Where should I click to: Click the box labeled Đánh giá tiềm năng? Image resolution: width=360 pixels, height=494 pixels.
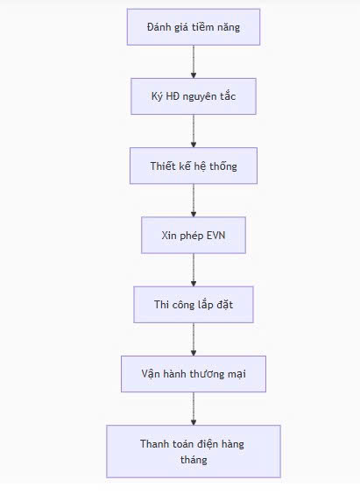(194, 27)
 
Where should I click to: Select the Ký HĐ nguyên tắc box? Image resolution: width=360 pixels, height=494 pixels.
(194, 96)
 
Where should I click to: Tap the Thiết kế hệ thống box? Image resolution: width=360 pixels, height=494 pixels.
(194, 166)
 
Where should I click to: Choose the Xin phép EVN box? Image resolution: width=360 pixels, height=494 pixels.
(194, 235)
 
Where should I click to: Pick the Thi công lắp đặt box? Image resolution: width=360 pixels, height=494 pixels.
(194, 304)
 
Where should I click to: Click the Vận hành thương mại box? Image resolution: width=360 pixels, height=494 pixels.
(194, 374)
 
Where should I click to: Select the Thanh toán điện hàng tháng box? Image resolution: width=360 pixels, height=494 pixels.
(194, 451)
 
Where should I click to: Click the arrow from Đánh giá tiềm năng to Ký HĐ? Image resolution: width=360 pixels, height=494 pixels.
(194, 61)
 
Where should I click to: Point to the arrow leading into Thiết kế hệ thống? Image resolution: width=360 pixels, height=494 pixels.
(194, 131)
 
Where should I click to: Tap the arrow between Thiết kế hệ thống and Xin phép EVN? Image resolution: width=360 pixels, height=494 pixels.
(194, 201)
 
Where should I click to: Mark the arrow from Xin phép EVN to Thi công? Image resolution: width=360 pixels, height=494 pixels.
(194, 270)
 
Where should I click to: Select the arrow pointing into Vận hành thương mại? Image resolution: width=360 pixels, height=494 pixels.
(194, 339)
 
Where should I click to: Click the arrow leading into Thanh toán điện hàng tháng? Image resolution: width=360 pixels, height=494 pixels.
(194, 409)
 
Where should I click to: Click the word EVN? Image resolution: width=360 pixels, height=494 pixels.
(215, 236)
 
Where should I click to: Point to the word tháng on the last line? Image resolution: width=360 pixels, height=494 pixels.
(194, 460)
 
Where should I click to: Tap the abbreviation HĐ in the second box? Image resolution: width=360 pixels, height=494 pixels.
(172, 96)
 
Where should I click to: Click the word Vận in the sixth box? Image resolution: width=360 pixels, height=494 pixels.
(150, 374)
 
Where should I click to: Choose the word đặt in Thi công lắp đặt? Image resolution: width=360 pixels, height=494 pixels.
(224, 305)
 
